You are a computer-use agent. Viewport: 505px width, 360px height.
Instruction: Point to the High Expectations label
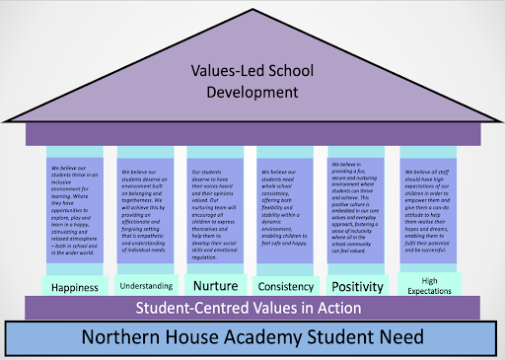[x=427, y=285]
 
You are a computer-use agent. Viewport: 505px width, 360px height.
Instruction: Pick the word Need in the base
[x=397, y=336]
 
